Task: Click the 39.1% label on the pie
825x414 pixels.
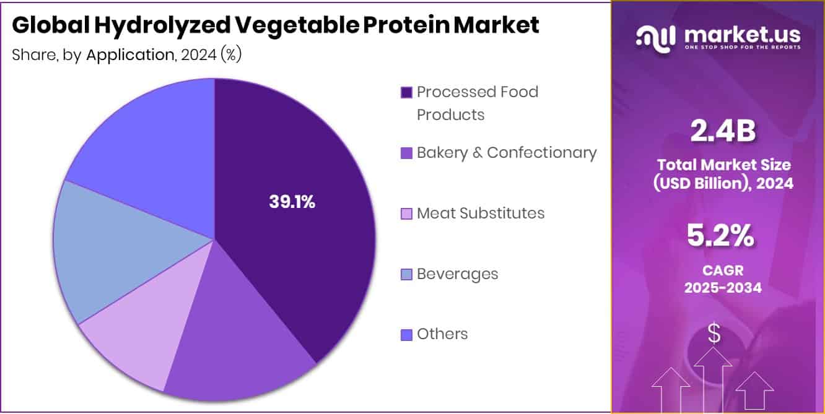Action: point(292,202)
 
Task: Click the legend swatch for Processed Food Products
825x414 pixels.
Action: point(406,93)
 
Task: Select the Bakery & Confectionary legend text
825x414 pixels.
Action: point(507,152)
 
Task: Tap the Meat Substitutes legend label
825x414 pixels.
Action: point(481,213)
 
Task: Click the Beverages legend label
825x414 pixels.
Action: point(457,274)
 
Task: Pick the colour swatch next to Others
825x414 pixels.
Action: point(406,335)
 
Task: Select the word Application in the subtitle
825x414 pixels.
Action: point(130,54)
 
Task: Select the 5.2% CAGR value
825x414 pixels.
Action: point(719,236)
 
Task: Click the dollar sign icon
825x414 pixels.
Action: point(714,334)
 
